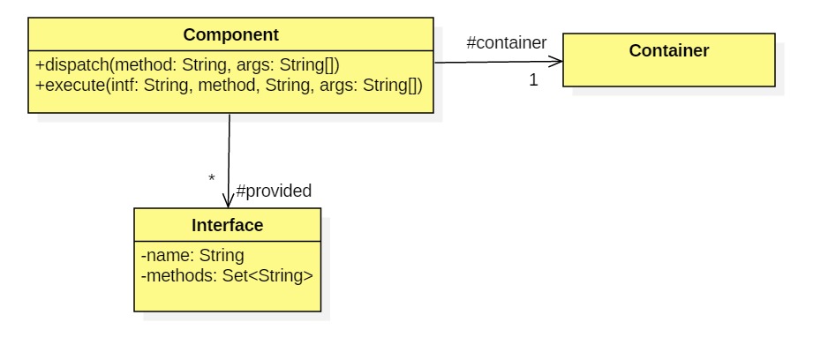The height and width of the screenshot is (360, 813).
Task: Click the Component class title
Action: pos(230,35)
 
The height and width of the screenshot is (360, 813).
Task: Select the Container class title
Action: pos(668,51)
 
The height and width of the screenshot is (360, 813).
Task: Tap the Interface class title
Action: pos(227,226)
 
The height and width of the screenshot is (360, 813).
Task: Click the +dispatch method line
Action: pos(187,64)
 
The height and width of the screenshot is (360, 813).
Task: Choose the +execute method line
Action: pos(229,86)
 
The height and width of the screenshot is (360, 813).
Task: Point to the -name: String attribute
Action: pos(192,256)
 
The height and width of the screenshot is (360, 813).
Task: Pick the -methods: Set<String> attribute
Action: pos(226,275)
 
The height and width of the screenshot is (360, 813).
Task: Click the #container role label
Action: pos(506,42)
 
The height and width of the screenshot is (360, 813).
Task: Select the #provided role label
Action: pos(274,191)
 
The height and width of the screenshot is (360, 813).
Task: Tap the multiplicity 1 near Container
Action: pos(533,80)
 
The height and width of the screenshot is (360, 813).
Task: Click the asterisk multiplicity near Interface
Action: pos(211,179)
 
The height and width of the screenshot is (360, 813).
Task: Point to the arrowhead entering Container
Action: pos(557,62)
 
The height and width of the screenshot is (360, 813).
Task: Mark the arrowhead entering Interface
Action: pos(228,201)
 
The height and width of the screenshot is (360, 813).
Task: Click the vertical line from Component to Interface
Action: pos(229,150)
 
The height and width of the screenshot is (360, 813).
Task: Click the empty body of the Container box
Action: pos(668,74)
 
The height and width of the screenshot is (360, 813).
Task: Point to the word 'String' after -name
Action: pos(221,256)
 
